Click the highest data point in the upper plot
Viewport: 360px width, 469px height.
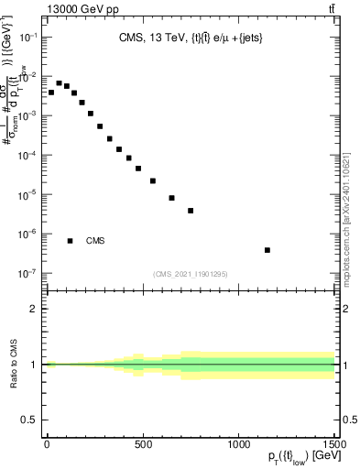coord(59,83)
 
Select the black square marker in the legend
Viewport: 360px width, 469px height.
coord(70,241)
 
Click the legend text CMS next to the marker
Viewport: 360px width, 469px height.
coord(95,241)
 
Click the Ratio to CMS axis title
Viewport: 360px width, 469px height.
coord(13,365)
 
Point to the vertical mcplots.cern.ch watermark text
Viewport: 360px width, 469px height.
coord(351,220)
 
